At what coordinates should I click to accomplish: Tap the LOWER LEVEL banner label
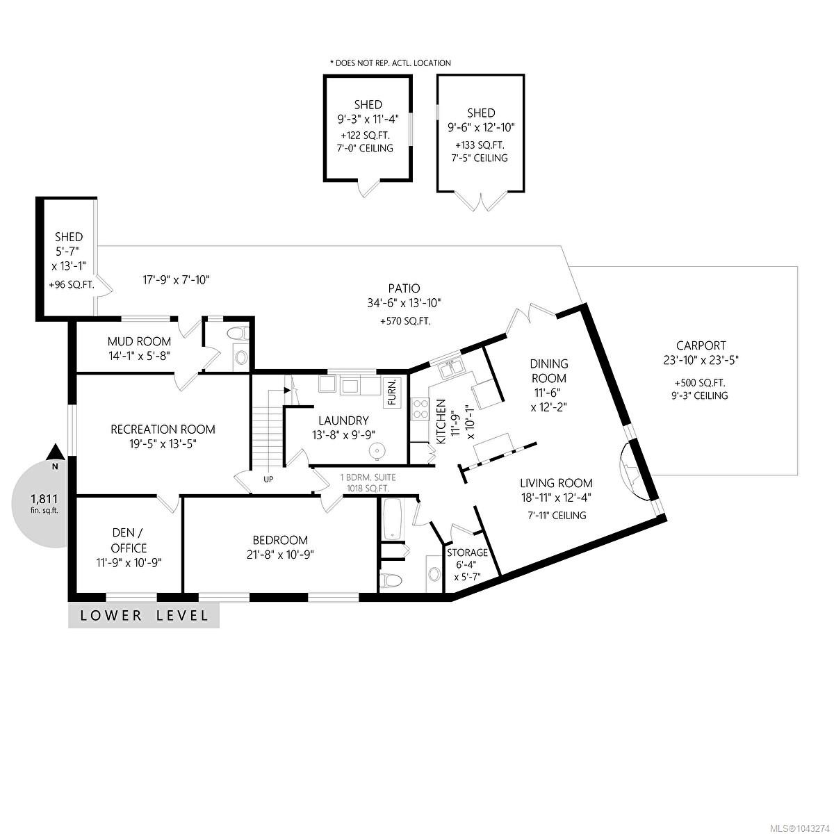tap(144, 615)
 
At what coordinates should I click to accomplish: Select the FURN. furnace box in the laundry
tap(392, 393)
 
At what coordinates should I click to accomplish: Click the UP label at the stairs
tap(268, 479)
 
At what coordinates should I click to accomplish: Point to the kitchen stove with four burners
tap(419, 409)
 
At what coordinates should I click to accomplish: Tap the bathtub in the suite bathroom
tap(393, 519)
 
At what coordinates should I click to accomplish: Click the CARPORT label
tap(701, 345)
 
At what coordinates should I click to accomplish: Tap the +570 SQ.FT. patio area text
tap(405, 321)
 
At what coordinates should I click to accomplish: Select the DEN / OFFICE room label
tap(129, 540)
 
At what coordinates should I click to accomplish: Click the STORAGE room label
tap(467, 553)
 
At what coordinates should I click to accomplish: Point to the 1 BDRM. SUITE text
tap(368, 477)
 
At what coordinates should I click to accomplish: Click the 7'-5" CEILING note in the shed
tap(480, 158)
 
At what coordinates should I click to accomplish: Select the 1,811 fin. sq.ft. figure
tap(44, 503)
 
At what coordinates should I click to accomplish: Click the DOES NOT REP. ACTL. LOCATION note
tap(391, 63)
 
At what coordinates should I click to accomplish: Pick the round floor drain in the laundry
tap(376, 452)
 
